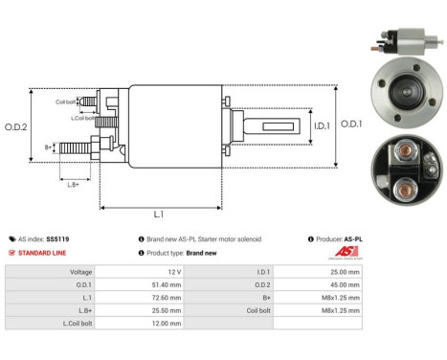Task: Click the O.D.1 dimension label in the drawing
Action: (351, 124)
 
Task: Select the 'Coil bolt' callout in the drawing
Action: (65, 101)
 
